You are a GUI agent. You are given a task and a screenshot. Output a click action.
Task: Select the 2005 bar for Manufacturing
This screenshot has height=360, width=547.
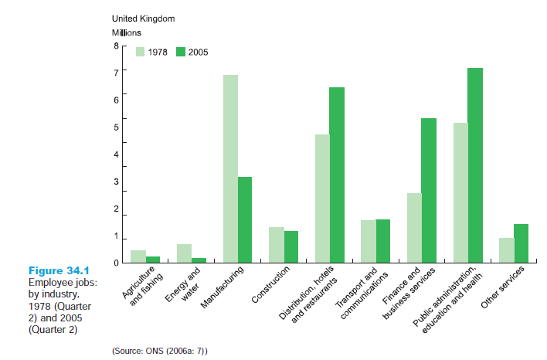click(245, 219)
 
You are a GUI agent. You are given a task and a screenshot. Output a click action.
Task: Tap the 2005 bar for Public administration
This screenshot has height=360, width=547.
click(475, 165)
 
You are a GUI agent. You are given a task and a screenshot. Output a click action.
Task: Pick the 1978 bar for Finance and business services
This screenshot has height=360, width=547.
click(414, 228)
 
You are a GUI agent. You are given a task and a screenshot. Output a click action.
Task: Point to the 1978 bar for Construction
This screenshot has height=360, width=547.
click(277, 245)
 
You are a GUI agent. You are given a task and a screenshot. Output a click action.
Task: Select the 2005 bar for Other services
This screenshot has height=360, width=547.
click(521, 243)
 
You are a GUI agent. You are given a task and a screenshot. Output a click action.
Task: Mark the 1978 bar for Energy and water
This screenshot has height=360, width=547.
click(184, 253)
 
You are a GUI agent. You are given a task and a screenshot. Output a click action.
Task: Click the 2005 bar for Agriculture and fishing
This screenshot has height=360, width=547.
click(153, 260)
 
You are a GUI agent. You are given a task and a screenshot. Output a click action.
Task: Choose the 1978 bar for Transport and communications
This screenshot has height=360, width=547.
click(369, 241)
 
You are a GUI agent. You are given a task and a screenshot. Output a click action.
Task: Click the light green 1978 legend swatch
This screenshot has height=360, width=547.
click(141, 52)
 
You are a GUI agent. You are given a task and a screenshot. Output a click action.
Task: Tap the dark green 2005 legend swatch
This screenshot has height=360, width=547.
click(181, 52)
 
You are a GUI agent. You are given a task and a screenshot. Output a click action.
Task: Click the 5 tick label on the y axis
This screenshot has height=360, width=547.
click(117, 127)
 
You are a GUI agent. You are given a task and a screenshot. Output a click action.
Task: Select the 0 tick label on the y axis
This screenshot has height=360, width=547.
click(117, 263)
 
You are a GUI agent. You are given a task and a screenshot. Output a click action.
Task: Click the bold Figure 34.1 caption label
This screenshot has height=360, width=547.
click(59, 271)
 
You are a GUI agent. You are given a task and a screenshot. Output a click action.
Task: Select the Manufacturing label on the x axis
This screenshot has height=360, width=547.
click(223, 287)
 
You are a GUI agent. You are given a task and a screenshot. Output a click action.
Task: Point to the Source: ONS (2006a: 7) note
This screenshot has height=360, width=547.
click(160, 351)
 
